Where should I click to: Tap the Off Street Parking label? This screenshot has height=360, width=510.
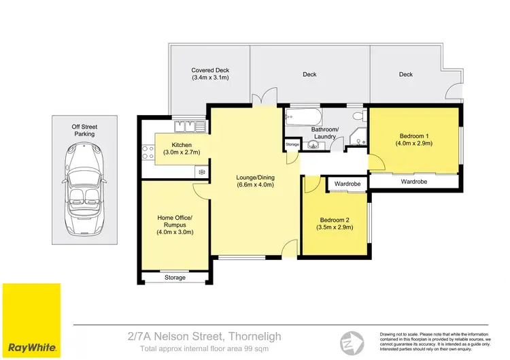click(84, 130)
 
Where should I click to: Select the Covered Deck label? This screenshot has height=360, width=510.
click(209, 74)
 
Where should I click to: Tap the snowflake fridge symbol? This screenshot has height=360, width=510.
click(202, 172)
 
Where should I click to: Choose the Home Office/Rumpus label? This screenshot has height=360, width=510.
click(175, 225)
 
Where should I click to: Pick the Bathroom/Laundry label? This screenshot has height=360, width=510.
click(324, 133)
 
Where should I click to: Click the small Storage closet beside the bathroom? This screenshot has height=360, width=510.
click(292, 145)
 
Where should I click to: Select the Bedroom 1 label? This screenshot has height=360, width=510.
click(414, 139)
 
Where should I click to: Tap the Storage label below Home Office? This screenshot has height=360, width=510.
click(175, 278)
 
